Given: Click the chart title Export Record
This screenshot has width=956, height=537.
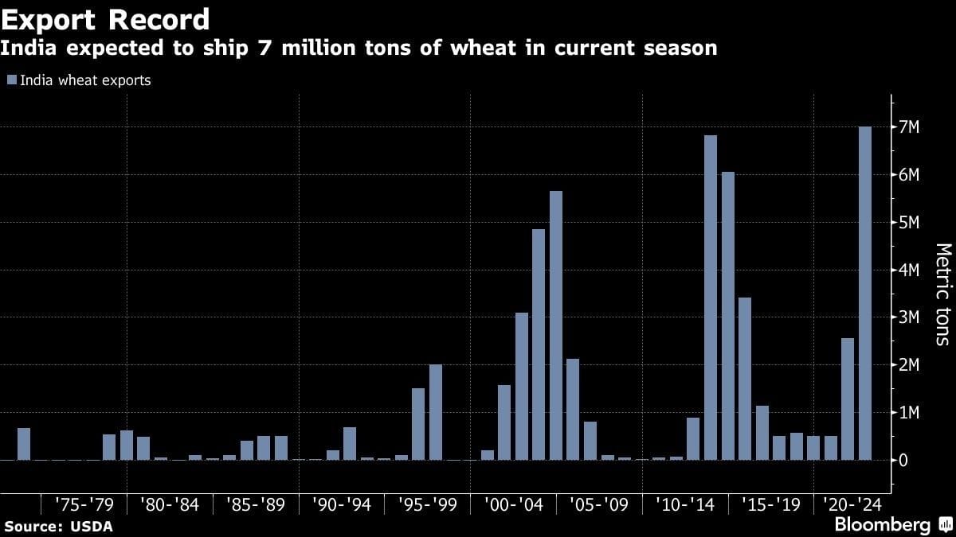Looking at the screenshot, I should [x=105, y=19].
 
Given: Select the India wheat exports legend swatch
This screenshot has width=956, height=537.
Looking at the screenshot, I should [x=11, y=80].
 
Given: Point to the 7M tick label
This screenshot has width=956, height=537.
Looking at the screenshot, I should [x=910, y=127].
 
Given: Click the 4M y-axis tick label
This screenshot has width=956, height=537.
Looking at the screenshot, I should [x=910, y=270].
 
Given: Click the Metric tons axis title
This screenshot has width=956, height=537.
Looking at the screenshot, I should [x=942, y=294].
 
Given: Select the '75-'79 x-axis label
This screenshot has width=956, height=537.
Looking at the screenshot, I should [x=84, y=504].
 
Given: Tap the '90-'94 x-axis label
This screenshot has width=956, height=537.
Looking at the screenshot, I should [x=343, y=504].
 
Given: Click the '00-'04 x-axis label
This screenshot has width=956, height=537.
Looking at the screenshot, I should [x=515, y=504].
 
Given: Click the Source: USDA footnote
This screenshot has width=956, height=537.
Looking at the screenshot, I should [x=58, y=527].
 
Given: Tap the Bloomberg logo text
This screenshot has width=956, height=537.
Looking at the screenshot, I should [x=882, y=525].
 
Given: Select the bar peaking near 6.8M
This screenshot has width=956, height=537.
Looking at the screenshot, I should [x=711, y=298].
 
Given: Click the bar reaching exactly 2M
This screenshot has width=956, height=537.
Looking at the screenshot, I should [x=436, y=412].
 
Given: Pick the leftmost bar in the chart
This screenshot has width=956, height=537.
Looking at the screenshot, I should [x=24, y=444].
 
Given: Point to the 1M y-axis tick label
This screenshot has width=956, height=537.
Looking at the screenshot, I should [x=910, y=412].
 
